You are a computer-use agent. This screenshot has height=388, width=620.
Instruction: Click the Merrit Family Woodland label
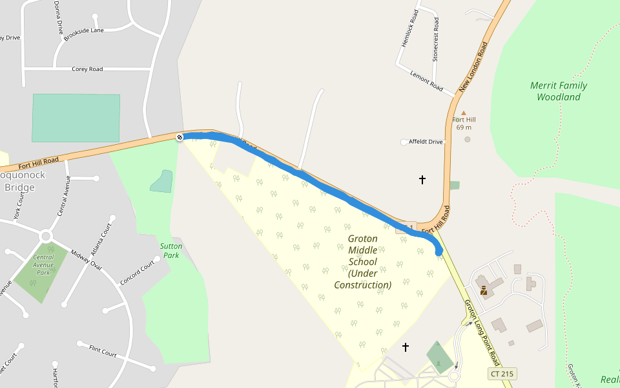559,91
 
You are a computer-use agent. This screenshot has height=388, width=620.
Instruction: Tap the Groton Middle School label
362,262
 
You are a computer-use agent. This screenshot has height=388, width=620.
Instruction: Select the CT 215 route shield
502,374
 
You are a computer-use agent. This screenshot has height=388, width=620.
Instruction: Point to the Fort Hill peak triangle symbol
463,113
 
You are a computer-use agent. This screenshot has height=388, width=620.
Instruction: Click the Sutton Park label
171,250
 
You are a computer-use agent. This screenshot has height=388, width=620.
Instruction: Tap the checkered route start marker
180,136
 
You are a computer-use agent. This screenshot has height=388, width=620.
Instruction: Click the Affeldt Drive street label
426,142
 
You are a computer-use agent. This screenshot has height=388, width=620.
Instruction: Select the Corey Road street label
87,69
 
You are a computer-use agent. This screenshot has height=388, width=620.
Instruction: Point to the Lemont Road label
426,80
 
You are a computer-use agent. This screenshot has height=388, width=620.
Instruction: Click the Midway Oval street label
86,261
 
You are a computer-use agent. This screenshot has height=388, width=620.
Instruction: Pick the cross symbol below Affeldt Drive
422,179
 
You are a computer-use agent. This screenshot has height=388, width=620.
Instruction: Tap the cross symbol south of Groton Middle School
406,347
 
